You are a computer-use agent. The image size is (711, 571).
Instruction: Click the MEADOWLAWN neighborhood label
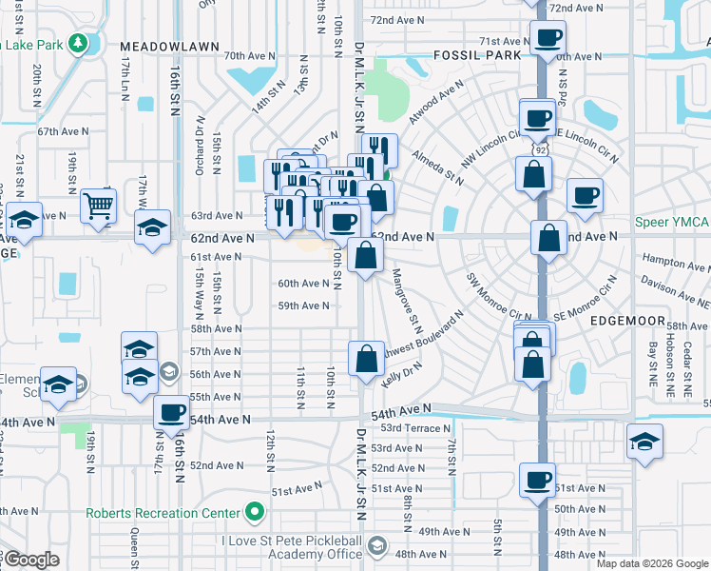pyautogui.click(x=169, y=46)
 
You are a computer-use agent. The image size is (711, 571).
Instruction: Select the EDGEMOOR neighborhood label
pyautogui.click(x=625, y=321)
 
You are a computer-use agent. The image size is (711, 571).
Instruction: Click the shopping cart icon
pyautogui.click(x=99, y=206)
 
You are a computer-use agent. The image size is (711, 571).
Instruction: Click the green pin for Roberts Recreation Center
pyautogui.click(x=254, y=513)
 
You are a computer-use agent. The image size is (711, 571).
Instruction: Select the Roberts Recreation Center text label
pyautogui.click(x=163, y=513)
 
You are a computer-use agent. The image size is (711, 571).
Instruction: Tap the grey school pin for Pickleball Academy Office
pyautogui.click(x=377, y=546)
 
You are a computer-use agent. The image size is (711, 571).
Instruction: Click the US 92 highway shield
pyautogui.click(x=541, y=150)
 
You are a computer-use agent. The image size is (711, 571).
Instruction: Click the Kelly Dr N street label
pyautogui.click(x=400, y=379)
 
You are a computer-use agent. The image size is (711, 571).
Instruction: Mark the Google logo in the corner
pyautogui.click(x=32, y=561)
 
